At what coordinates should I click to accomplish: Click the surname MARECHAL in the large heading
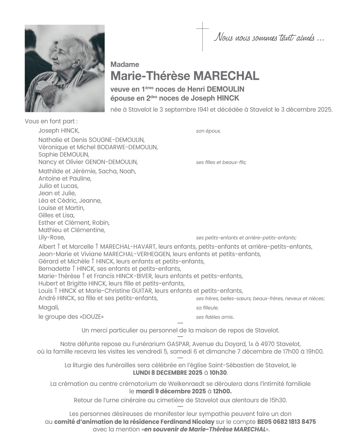(226, 76)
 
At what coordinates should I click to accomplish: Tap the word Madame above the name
(125, 64)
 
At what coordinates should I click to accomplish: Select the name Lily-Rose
(51, 238)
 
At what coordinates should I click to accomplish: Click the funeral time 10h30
(218, 373)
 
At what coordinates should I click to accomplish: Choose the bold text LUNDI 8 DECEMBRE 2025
(168, 373)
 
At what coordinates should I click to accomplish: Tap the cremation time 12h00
(222, 391)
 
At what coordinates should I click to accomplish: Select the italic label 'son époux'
(208, 131)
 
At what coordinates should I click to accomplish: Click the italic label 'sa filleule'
(207, 308)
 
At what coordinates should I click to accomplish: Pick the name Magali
(49, 308)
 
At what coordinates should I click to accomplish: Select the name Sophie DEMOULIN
(64, 154)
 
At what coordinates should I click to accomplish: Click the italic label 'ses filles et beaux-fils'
(221, 162)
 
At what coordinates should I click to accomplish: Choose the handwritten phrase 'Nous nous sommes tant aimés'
(269, 38)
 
